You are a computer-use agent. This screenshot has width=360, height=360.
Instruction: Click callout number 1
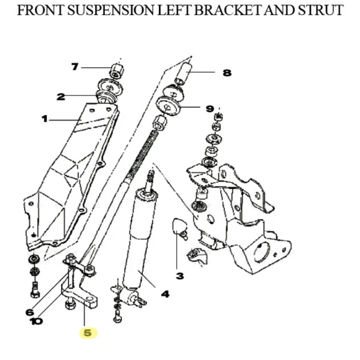point(44,119)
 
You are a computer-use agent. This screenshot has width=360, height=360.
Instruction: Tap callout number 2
point(61,96)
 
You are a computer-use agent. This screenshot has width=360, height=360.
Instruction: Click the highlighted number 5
point(89,332)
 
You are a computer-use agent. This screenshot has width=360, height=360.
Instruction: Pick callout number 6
point(30,311)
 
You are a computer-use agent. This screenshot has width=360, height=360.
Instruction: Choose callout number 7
point(75,67)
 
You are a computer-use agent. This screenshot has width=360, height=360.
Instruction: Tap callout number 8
point(226,73)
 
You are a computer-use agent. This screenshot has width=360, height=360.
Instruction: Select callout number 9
point(209,109)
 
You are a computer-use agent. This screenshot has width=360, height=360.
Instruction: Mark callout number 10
point(36,321)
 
